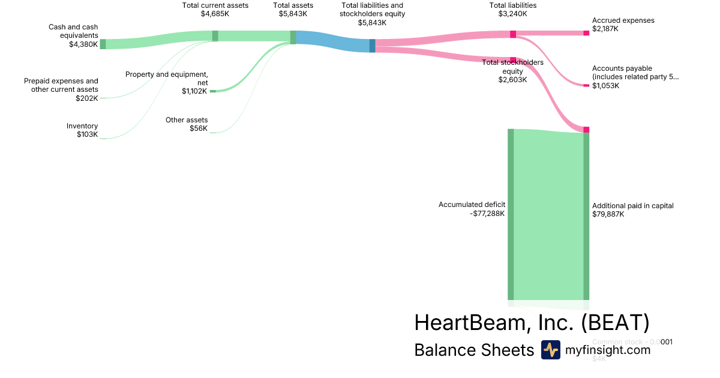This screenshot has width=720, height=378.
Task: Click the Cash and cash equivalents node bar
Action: (103, 44)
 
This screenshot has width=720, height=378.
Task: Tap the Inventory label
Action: (82, 126)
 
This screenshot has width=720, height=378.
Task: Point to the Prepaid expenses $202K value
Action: (86, 98)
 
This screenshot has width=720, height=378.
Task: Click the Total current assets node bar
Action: (215, 36)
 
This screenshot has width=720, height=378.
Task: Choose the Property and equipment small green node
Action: (212, 91)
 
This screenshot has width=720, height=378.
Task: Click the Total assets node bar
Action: (293, 37)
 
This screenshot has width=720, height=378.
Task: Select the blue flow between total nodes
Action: (333, 41)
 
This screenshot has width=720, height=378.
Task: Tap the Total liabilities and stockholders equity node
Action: (372, 46)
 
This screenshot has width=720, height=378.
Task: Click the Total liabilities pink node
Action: (513, 34)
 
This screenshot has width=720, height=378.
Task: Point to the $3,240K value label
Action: (513, 14)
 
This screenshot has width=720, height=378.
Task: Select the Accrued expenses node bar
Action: (586, 33)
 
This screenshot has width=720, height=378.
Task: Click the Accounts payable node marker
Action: (586, 85)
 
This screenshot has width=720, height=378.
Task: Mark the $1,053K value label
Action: (605, 86)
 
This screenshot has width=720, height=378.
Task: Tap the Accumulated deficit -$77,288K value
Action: (488, 213)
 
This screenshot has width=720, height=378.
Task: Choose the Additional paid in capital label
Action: (632, 206)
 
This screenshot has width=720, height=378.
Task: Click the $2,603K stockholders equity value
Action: (512, 80)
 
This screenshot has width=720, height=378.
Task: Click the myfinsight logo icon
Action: (550, 350)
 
